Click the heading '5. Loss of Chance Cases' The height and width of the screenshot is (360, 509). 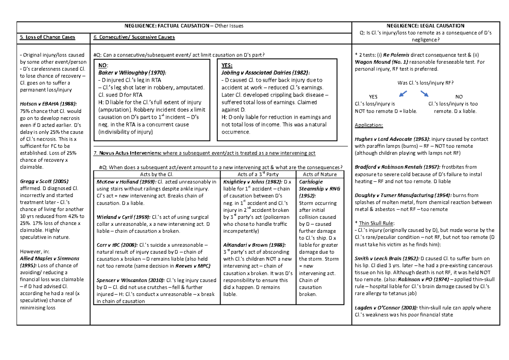(x=48, y=37)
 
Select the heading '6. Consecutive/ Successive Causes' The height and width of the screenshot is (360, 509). (x=134, y=37)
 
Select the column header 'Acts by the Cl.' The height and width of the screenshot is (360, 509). (x=156, y=174)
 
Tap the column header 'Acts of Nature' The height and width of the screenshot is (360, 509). (x=320, y=174)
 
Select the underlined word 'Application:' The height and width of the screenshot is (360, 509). (x=369, y=126)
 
